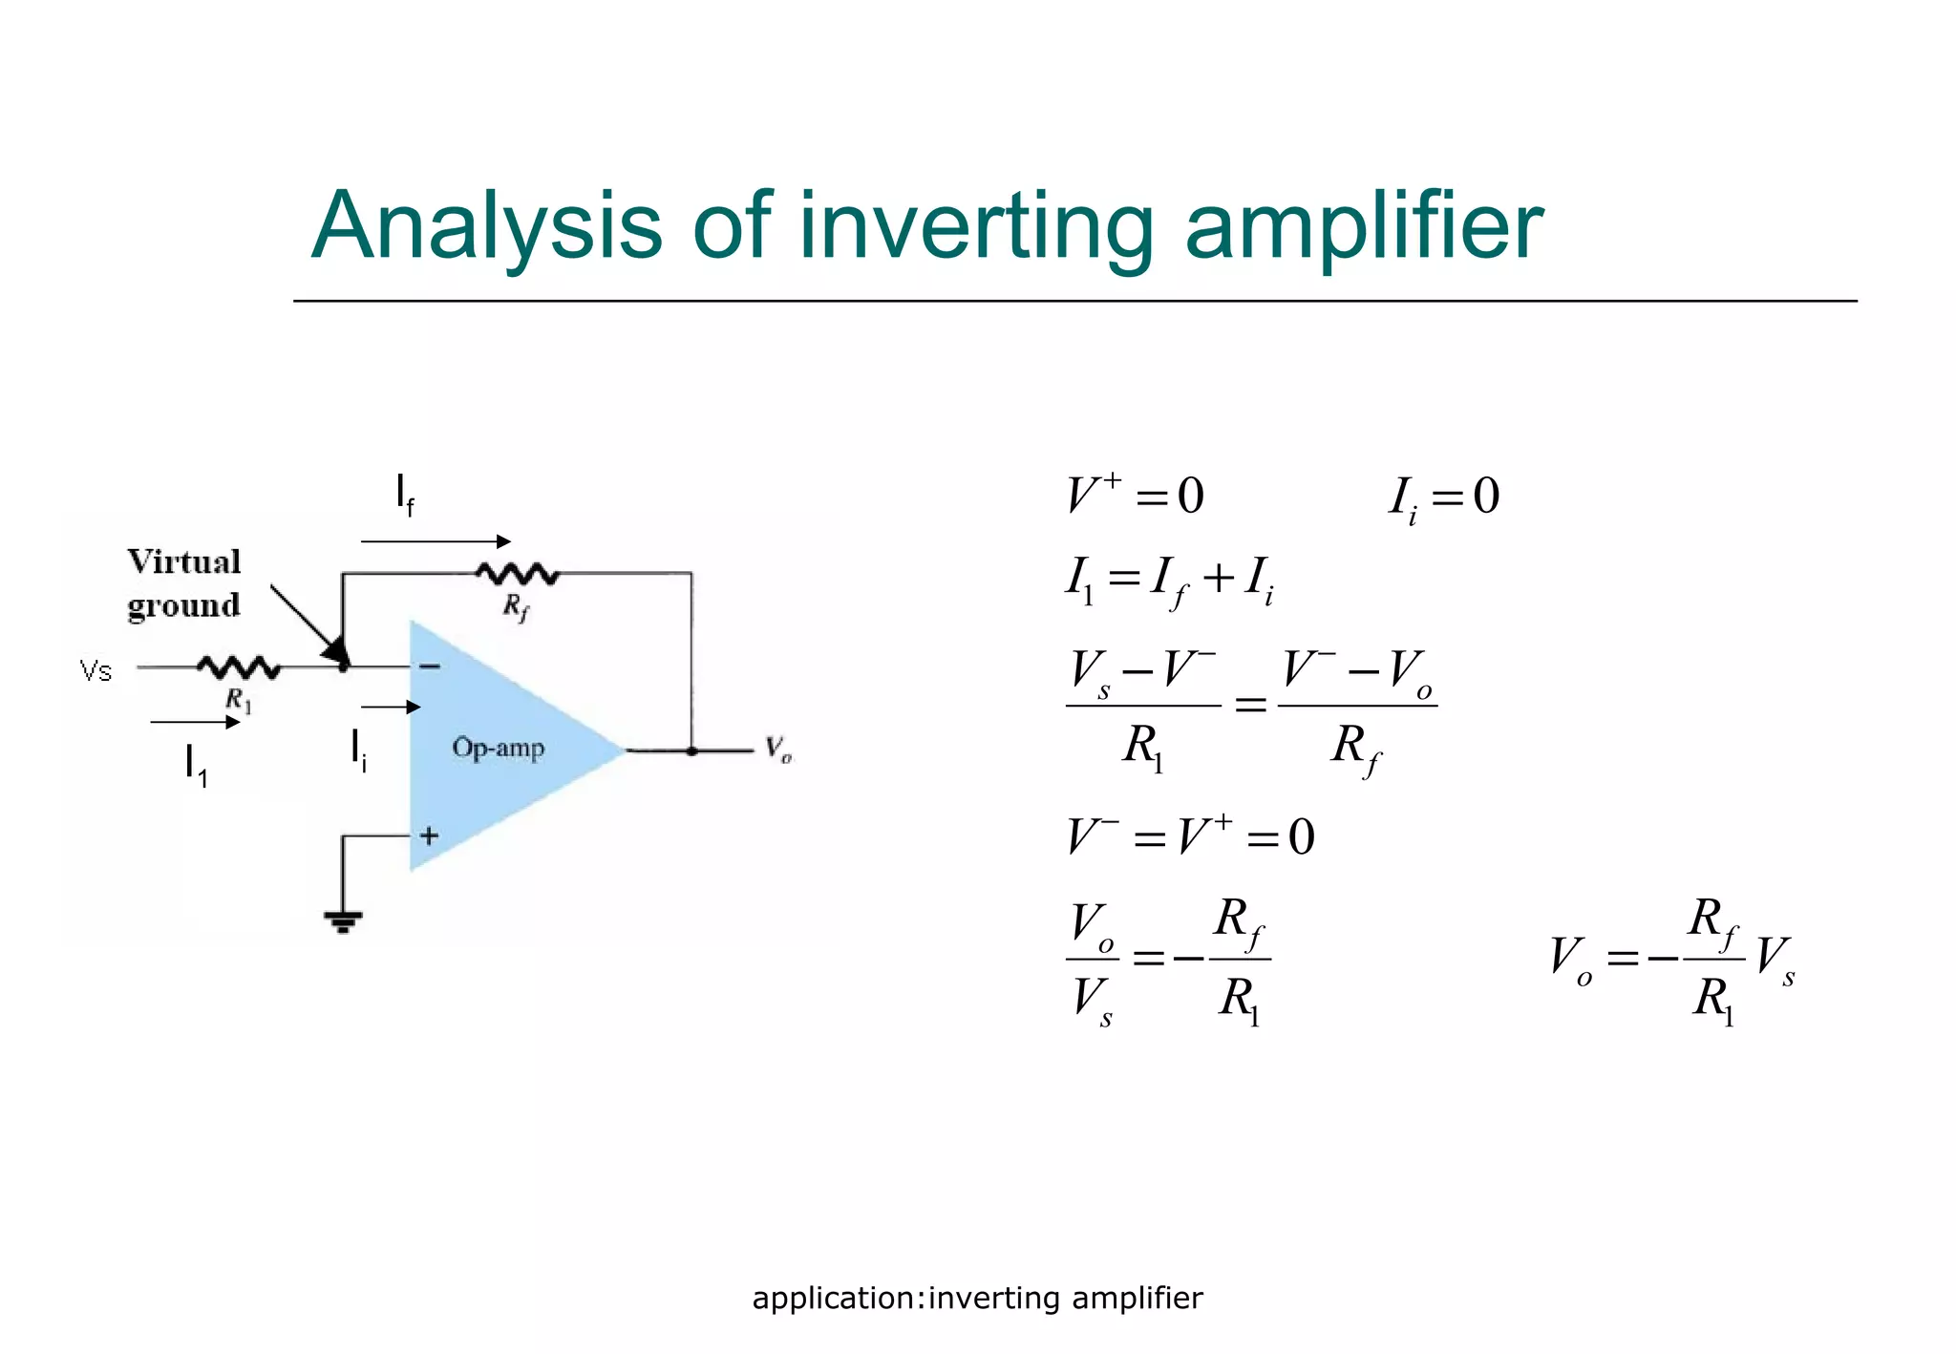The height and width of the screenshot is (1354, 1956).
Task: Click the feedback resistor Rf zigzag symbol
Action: [517, 574]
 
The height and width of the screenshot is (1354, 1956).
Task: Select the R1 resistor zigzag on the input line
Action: [238, 667]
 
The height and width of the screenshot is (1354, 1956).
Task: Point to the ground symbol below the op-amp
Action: [343, 921]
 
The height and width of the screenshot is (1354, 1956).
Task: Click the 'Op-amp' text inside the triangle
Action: [498, 747]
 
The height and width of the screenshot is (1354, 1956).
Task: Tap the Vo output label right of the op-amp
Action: [778, 750]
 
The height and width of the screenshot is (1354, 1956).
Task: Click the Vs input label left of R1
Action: [96, 671]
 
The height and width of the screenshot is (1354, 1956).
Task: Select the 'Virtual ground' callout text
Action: [183, 583]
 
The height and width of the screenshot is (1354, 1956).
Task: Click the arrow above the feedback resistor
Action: [436, 541]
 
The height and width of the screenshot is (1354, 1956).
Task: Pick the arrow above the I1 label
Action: [195, 723]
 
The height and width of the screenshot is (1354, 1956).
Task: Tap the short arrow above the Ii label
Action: [391, 707]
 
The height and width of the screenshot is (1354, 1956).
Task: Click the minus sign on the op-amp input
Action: [430, 666]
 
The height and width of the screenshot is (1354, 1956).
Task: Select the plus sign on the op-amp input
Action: [429, 836]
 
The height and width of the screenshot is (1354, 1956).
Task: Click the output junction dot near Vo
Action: [691, 751]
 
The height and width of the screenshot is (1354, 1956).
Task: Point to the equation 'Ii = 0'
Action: [1444, 497]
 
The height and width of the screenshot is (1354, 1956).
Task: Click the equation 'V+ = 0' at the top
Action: [1135, 496]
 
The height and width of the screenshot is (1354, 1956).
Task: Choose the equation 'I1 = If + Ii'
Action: [1170, 580]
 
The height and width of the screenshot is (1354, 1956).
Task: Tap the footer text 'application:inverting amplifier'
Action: [977, 1299]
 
